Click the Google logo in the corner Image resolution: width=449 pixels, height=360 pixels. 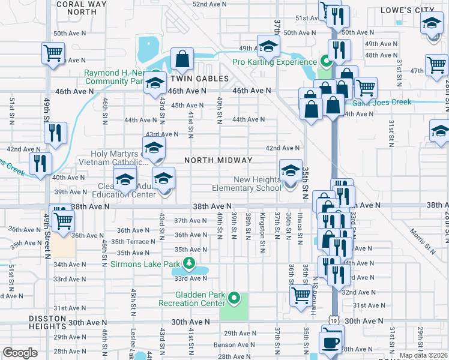pyautogui.click(x=20, y=353)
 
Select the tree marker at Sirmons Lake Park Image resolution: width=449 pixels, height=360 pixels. pyautogui.click(x=190, y=263)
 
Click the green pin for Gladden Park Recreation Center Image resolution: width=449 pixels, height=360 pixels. pyautogui.click(x=234, y=298)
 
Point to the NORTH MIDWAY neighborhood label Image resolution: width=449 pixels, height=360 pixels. pyautogui.click(x=217, y=160)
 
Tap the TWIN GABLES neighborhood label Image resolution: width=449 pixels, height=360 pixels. pyautogui.click(x=199, y=79)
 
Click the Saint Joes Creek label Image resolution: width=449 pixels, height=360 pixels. pyautogui.click(x=382, y=102)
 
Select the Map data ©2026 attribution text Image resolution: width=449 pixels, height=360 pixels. pyautogui.click(x=423, y=355)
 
